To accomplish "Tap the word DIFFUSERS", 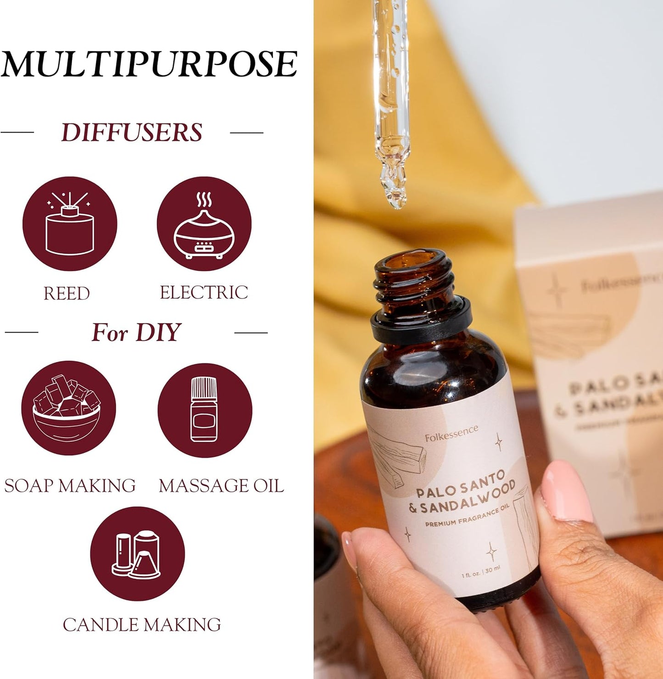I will (x=132, y=133).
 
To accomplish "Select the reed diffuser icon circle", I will (x=70, y=224).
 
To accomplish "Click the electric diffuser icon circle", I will (x=204, y=224).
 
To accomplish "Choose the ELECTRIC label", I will (x=204, y=293).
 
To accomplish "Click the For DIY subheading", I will (x=136, y=332).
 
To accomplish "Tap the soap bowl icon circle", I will (x=68, y=408).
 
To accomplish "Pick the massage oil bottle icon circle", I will (x=205, y=410).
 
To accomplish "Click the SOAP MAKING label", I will (x=70, y=486).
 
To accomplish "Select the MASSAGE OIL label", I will (x=221, y=486).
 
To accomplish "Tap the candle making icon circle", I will (x=137, y=554).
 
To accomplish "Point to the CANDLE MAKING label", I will (x=142, y=625).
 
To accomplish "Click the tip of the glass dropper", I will (x=396, y=202).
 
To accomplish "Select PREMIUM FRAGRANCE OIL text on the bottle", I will (x=467, y=516).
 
